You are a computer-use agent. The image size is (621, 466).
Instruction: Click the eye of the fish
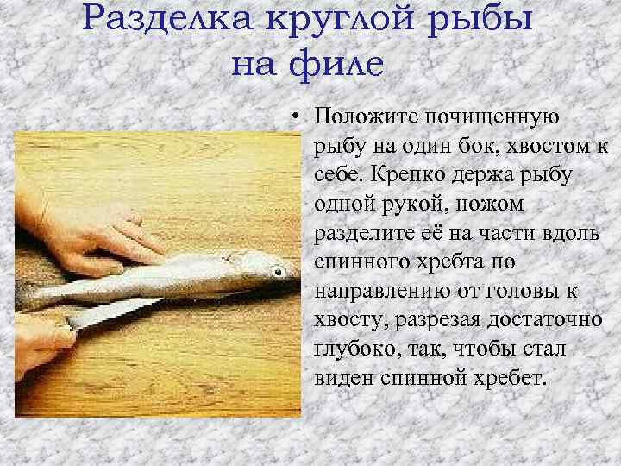278,272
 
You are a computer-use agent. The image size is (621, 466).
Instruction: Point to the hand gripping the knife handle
34,345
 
